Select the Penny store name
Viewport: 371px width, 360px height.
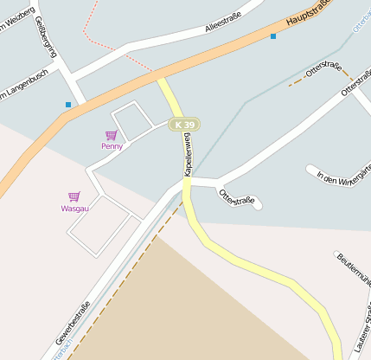tap(112, 146)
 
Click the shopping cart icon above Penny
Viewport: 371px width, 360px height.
tap(111, 135)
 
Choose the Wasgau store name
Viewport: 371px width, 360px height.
tap(74, 209)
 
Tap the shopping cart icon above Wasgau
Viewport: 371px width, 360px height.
tap(74, 197)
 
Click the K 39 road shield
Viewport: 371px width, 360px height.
tap(183, 125)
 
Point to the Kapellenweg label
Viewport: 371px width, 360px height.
tap(187, 155)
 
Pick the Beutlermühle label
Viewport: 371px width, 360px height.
tap(354, 268)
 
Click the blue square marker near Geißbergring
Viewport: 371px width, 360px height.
tap(67, 105)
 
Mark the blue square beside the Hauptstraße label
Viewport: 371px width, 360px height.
tap(273, 36)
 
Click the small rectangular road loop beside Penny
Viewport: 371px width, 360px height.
tap(132, 121)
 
